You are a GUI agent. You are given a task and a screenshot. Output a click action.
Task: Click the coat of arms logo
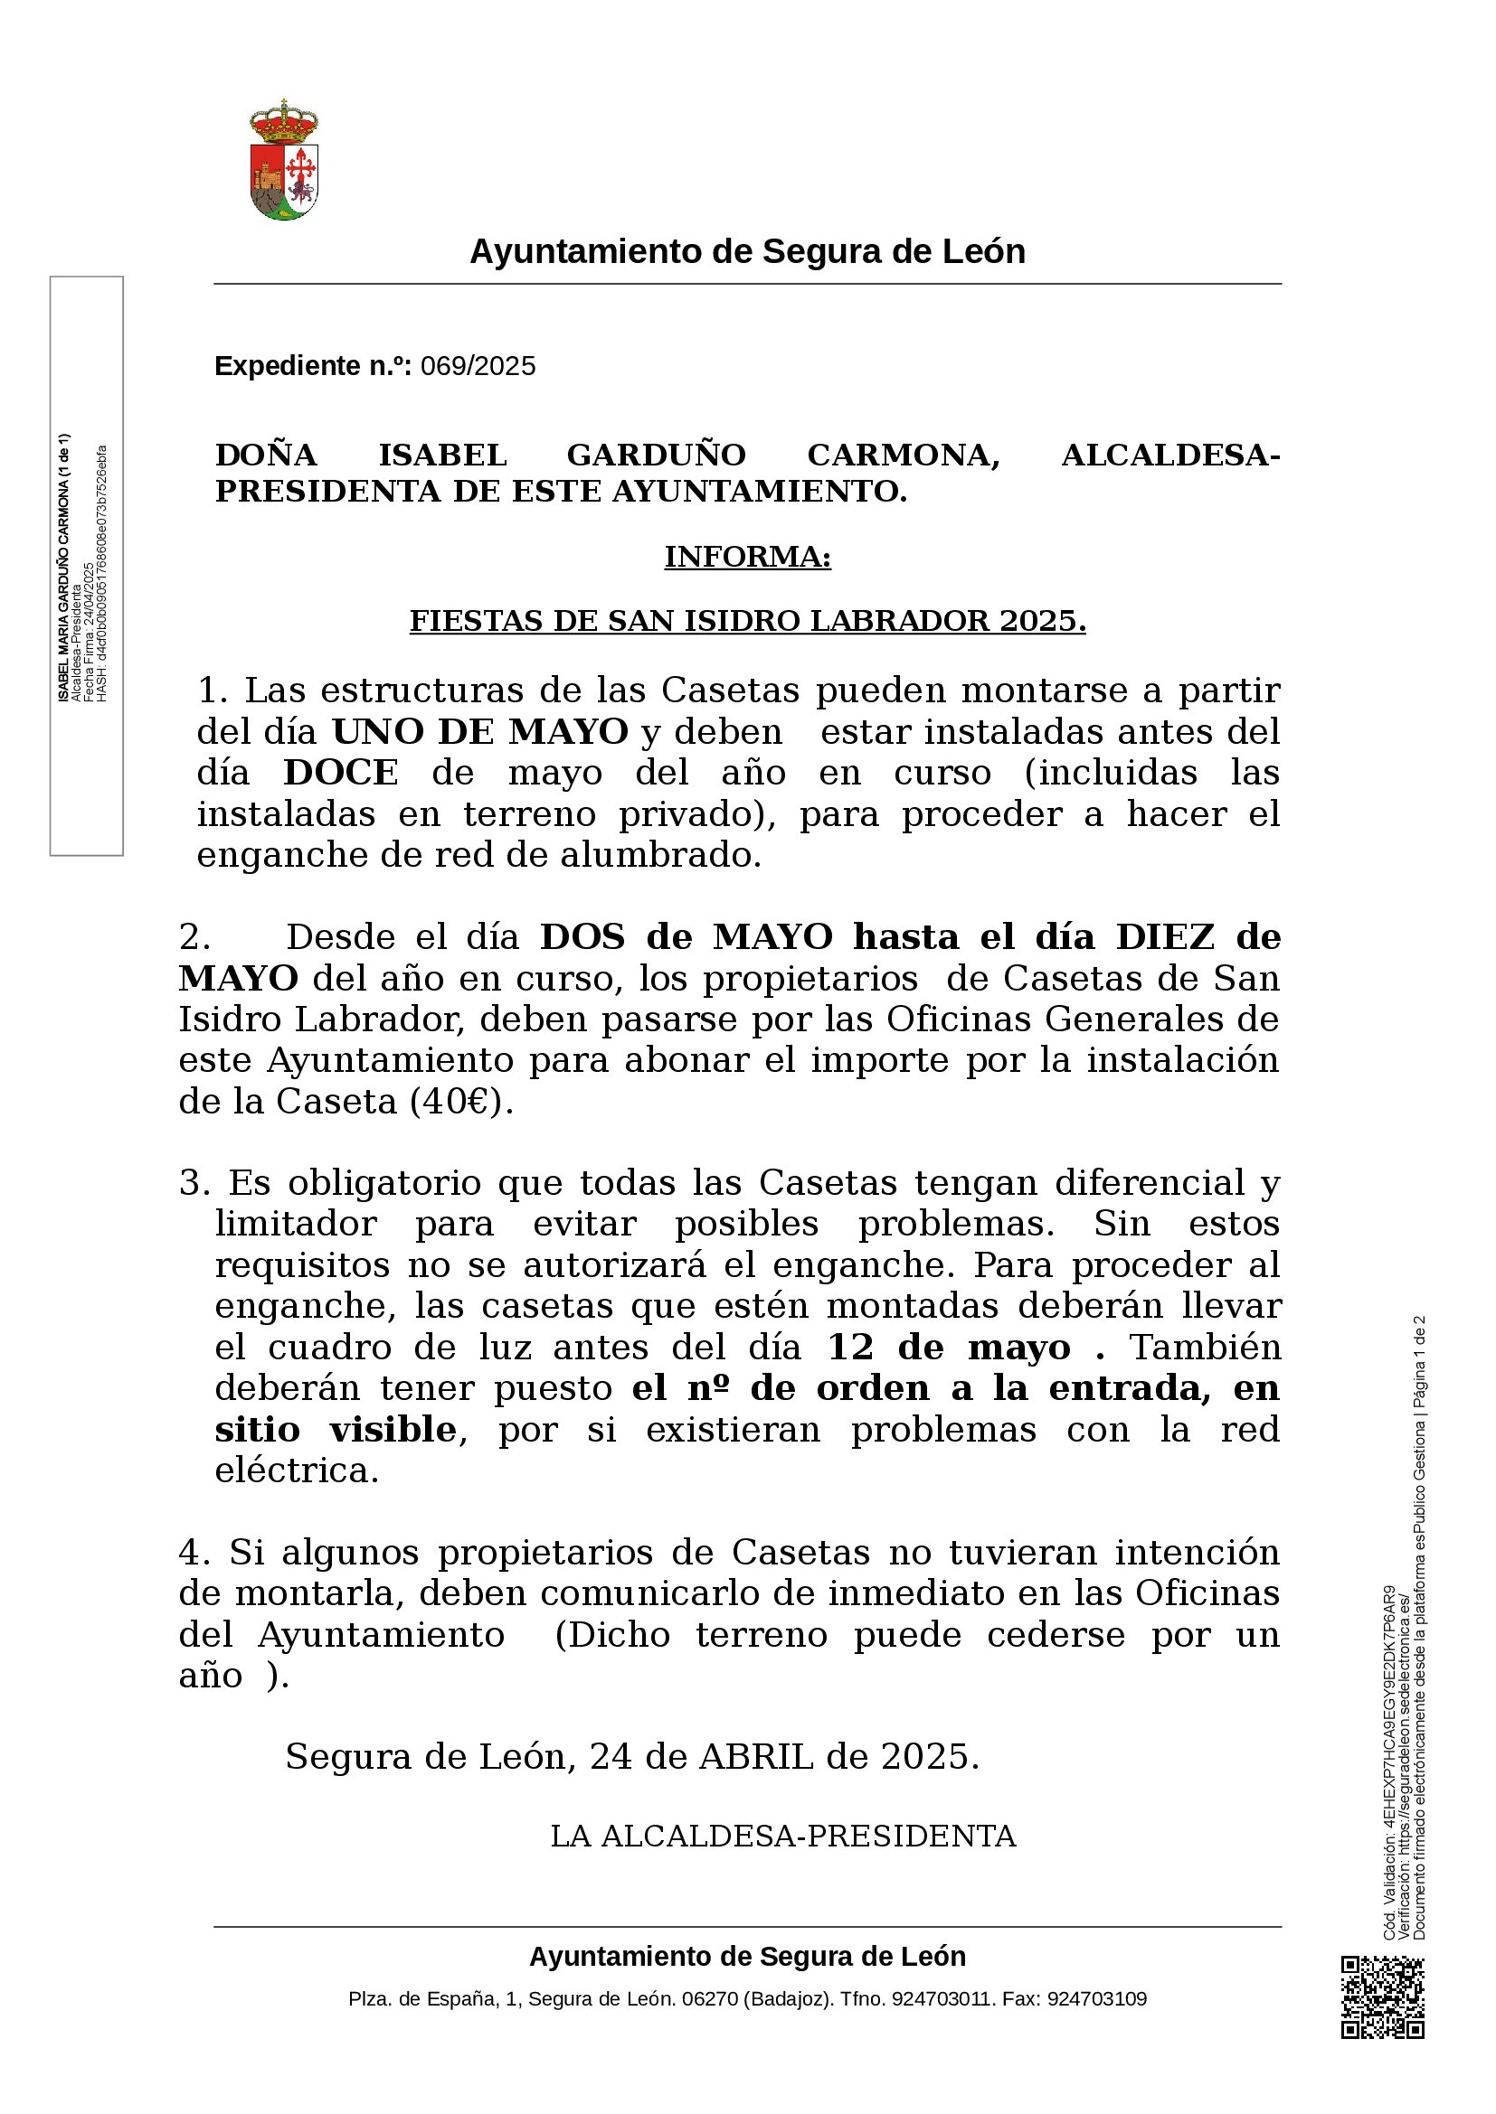pyautogui.click(x=284, y=161)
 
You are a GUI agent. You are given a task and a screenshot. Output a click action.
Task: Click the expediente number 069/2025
pyautogui.click(x=478, y=366)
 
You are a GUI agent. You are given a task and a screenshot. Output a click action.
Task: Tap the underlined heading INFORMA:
pyautogui.click(x=747, y=557)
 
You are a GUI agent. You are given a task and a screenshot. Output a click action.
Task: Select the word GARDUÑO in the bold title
pyautogui.click(x=656, y=455)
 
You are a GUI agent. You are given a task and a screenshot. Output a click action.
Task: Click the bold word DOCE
pyautogui.click(x=341, y=773)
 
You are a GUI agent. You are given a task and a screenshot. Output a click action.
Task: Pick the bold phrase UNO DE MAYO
pyautogui.click(x=479, y=731)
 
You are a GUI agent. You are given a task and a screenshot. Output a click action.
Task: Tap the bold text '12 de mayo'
pyautogui.click(x=949, y=1347)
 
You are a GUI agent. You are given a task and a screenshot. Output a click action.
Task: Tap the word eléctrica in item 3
pyautogui.click(x=297, y=1470)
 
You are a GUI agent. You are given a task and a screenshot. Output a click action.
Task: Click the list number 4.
pyautogui.click(x=194, y=1553)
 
